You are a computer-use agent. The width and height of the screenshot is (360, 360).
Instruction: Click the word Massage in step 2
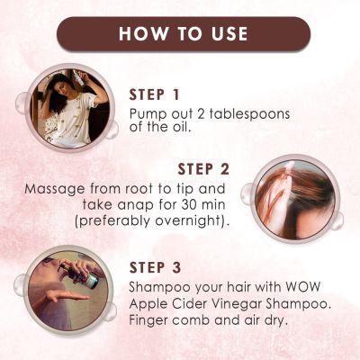(55, 190)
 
